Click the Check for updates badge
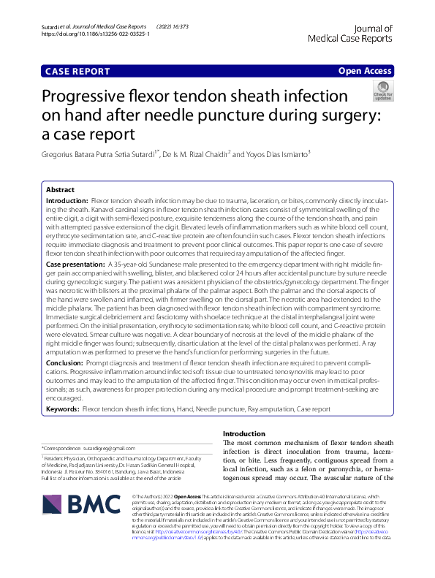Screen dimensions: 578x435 pyautogui.click(x=382, y=91)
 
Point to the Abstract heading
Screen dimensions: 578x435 pyautogui.click(x=60, y=189)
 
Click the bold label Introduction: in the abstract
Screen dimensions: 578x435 pyautogui.click(x=67, y=199)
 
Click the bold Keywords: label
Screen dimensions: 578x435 pyautogui.click(x=63, y=410)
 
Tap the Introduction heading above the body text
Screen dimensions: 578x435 pyautogui.click(x=243, y=434)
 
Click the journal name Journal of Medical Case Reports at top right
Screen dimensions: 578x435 pyautogui.click(x=351, y=33)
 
